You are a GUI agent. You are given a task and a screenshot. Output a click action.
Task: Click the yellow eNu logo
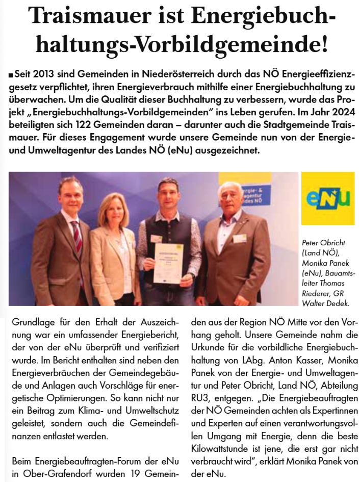327,198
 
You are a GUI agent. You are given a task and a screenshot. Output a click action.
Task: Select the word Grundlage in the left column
31,323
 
